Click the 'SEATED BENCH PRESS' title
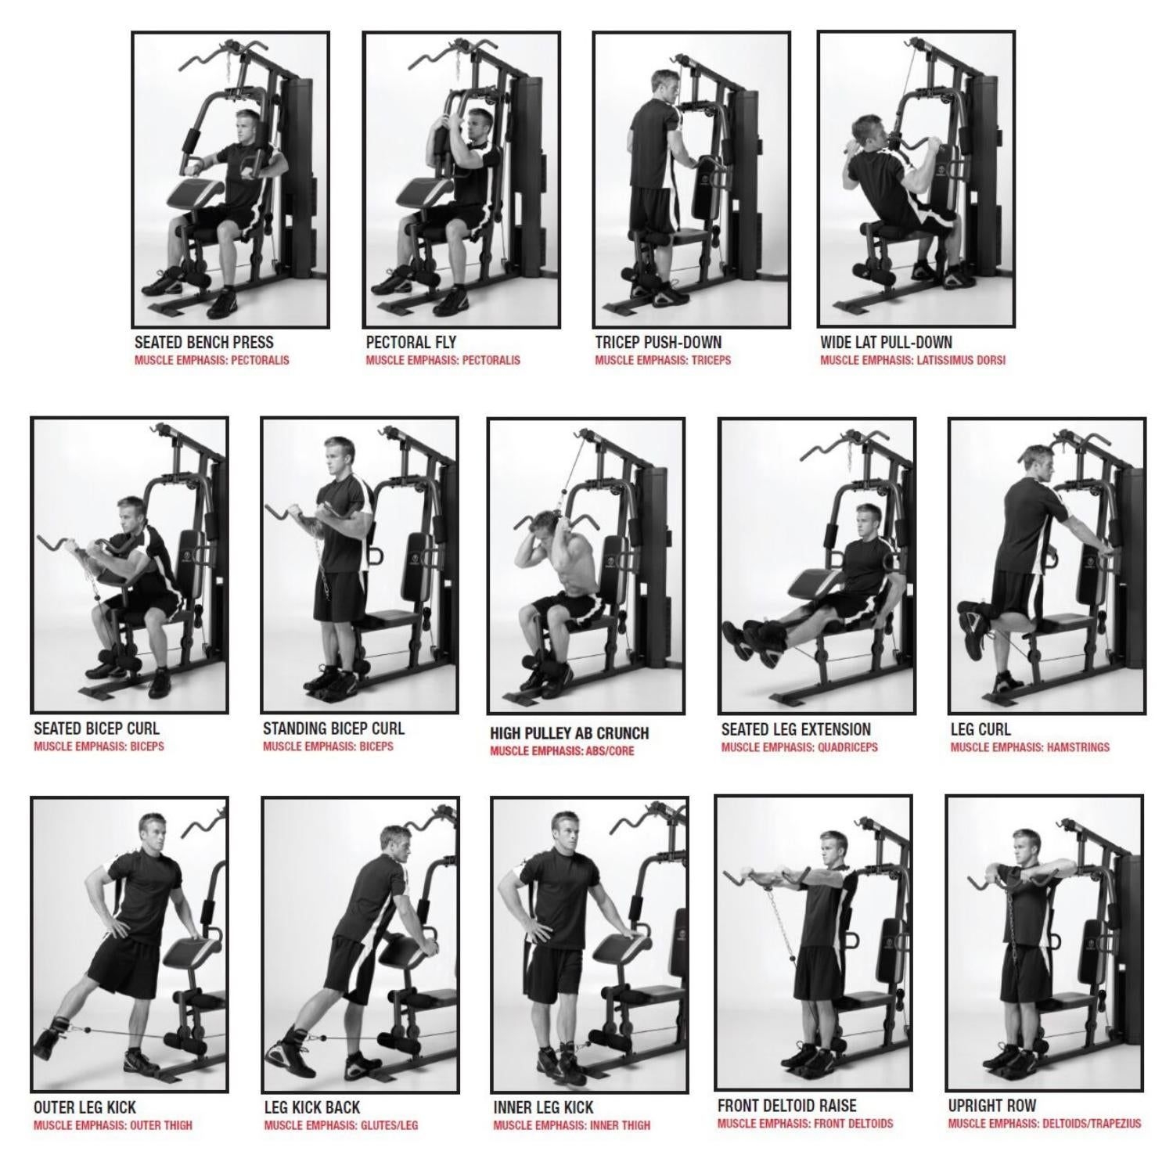tap(203, 342)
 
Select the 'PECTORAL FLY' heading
tap(411, 342)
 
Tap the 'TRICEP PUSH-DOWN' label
tap(658, 342)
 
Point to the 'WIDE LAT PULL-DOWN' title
tap(886, 342)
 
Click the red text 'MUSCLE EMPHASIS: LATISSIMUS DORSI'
tap(912, 361)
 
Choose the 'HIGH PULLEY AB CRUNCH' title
tap(569, 733)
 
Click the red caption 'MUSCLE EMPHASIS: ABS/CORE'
tap(562, 751)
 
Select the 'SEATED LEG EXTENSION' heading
tap(796, 729)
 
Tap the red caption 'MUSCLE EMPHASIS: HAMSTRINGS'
tap(1030, 747)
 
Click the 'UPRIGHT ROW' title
tap(991, 1106)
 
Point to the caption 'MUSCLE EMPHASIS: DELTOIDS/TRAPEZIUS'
tap(1044, 1124)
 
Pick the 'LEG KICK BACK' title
tap(311, 1107)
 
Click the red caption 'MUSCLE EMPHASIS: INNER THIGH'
tap(571, 1125)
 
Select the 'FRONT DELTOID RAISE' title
tap(786, 1106)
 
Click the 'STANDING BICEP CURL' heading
tap(333, 729)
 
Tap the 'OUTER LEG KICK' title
tap(85, 1107)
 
